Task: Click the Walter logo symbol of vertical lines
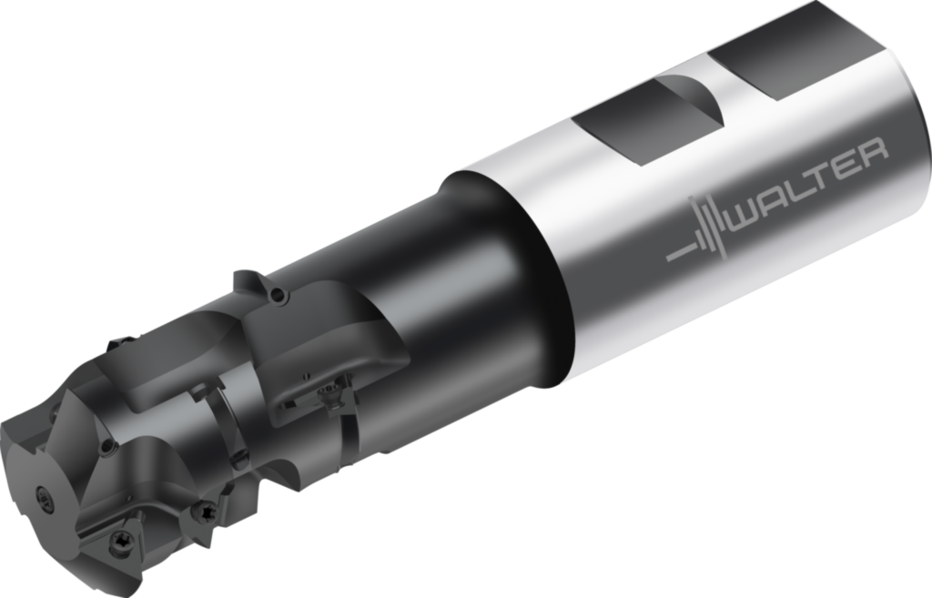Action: [x=707, y=228]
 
